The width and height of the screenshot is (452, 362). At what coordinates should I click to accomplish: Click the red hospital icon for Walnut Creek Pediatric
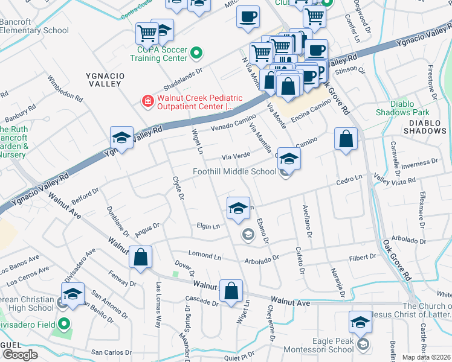tap(147, 101)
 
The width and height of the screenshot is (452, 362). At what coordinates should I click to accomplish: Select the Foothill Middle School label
tap(234, 171)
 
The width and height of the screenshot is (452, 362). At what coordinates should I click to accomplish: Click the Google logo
tap(20, 355)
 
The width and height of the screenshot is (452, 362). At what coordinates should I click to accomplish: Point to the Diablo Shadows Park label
tap(402, 108)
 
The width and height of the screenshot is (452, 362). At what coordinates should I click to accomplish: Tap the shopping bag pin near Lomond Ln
tap(140, 258)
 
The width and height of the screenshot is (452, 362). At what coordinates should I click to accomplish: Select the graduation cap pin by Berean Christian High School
tap(73, 294)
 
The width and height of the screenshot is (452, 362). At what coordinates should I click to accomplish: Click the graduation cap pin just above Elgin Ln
tap(238, 209)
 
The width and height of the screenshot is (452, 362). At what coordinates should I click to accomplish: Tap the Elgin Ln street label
tap(208, 227)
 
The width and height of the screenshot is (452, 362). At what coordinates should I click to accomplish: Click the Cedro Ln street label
tap(349, 179)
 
